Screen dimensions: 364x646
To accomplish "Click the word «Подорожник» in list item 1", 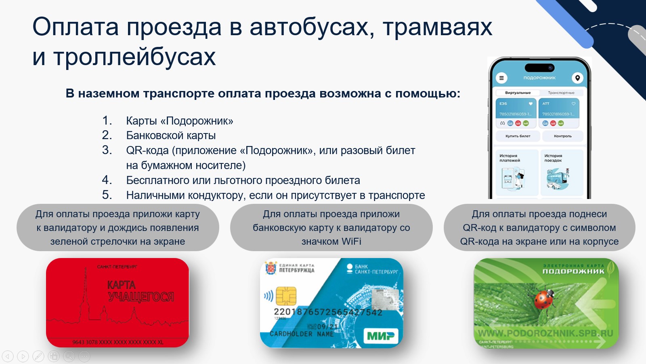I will pos(199,121).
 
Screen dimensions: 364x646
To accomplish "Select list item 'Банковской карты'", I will pos(171,135).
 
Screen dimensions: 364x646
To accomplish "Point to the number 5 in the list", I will pos(107,195).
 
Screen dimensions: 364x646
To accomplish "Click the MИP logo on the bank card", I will pos(381,335).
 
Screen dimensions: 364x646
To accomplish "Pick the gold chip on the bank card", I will pos(286,296).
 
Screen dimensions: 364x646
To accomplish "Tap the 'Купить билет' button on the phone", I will pos(518,136).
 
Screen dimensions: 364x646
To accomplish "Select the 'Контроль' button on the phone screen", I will pos(562,136).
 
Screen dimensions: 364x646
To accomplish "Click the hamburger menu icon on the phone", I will pos(501,78).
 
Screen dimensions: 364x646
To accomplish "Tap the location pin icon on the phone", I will pos(577,78).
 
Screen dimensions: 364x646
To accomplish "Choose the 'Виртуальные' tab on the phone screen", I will pos(518,93).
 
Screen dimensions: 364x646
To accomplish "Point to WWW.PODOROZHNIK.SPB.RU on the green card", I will pos(545,334).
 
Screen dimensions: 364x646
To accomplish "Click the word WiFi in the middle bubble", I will pos(351,241).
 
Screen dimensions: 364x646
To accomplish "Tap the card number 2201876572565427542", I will pos(328,312).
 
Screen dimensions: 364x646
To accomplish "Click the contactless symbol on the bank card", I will pos(268,296).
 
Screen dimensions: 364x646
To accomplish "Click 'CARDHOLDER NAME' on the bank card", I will pos(302,334).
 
